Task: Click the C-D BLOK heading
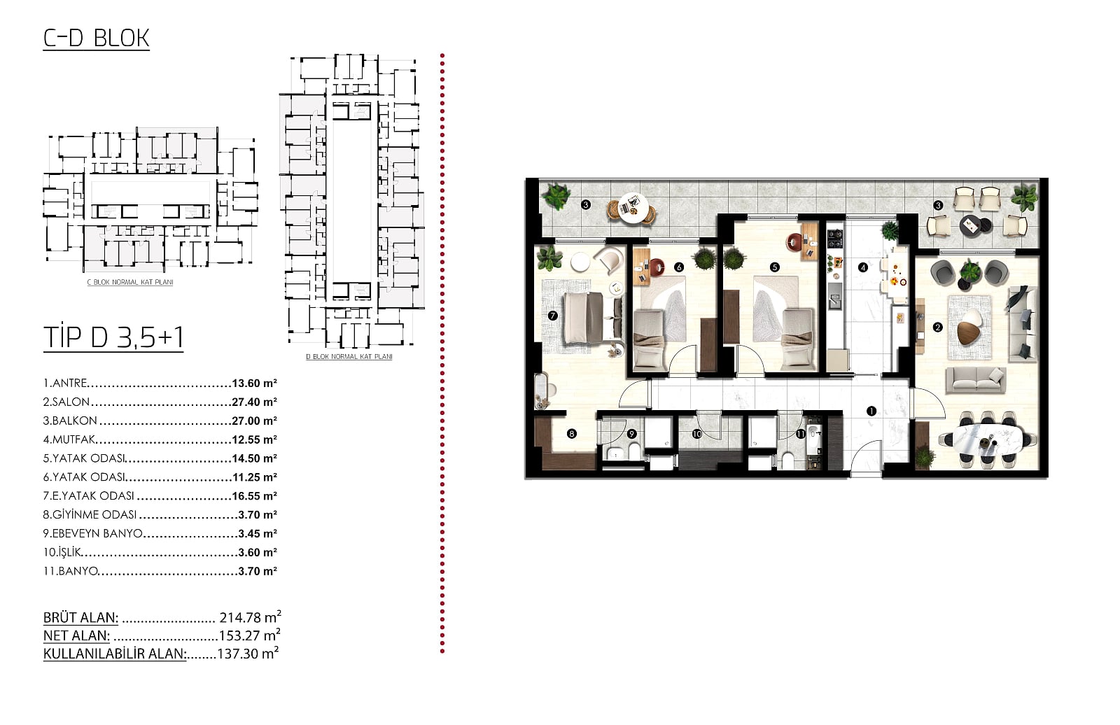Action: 96,38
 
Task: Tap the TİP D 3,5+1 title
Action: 113,337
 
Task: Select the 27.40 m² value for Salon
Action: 255,402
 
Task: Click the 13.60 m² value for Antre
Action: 255,383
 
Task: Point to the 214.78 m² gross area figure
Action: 250,617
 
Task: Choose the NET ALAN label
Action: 76,635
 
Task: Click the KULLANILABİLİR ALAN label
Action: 115,654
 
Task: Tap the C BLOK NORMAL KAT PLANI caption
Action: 130,283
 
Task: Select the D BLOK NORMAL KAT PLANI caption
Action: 349,357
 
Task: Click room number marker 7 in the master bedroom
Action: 552,316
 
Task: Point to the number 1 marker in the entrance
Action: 871,411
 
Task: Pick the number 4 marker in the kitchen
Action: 863,267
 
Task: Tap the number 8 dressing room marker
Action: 571,434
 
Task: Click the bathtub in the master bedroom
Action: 542,390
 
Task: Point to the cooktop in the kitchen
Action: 834,239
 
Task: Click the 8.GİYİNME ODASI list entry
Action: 90,515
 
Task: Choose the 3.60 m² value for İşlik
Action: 258,553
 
